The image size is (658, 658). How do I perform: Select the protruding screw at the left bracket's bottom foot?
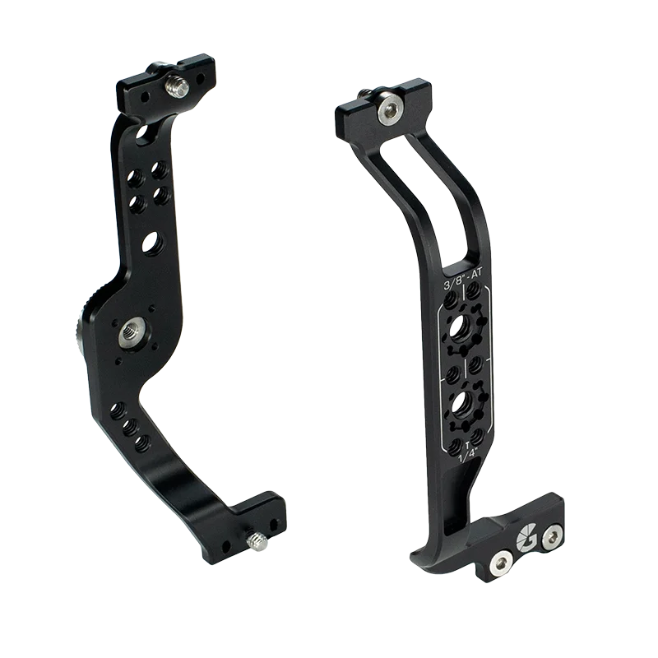(256, 541)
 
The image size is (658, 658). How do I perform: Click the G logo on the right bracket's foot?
(526, 540)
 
